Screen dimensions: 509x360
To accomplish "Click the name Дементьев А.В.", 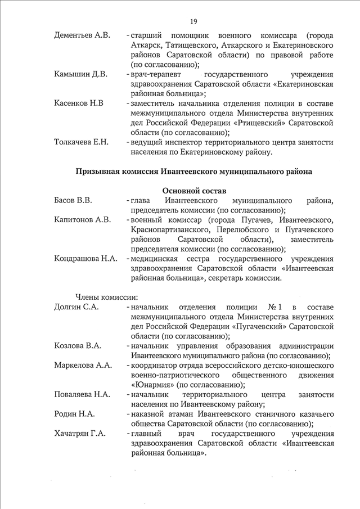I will [82, 35].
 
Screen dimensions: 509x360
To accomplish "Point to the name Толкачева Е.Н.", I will [81, 142].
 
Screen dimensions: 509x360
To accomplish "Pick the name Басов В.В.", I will [73, 200].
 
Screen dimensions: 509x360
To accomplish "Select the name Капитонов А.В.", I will [83, 219].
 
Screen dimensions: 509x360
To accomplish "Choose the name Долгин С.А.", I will [76, 307].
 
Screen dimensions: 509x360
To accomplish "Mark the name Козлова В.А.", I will [78, 345].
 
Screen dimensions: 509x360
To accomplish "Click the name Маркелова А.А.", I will [82, 365].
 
